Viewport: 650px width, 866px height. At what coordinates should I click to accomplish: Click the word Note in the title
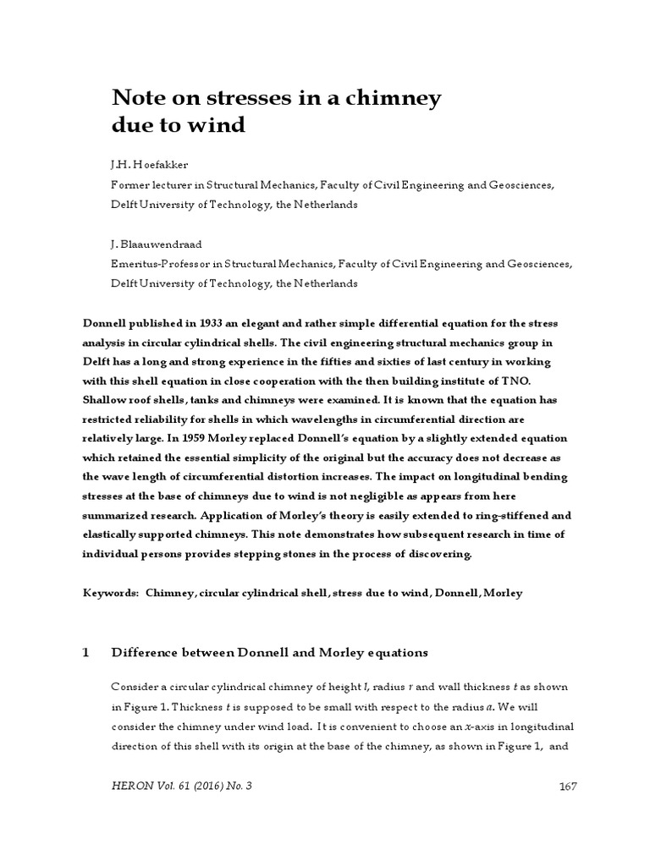pos(138,98)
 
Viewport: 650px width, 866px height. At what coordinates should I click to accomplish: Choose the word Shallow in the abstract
pos(106,400)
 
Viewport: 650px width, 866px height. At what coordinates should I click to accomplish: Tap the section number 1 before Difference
pos(85,653)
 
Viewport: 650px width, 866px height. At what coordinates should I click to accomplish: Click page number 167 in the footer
pos(568,787)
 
